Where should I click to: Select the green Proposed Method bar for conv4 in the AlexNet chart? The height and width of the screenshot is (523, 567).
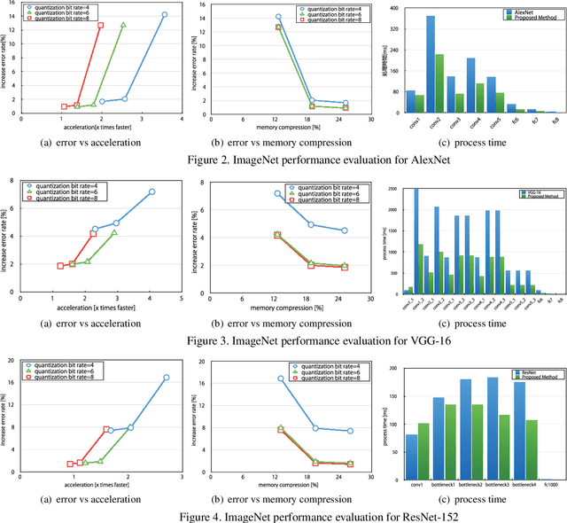pos(479,98)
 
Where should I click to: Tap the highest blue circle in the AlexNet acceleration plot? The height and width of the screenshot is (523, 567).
pos(164,14)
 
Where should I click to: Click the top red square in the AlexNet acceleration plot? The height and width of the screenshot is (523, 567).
pos(100,25)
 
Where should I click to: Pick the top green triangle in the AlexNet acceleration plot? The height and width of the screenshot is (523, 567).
pos(123,25)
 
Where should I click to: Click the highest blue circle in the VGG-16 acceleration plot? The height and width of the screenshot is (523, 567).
pos(151,191)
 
